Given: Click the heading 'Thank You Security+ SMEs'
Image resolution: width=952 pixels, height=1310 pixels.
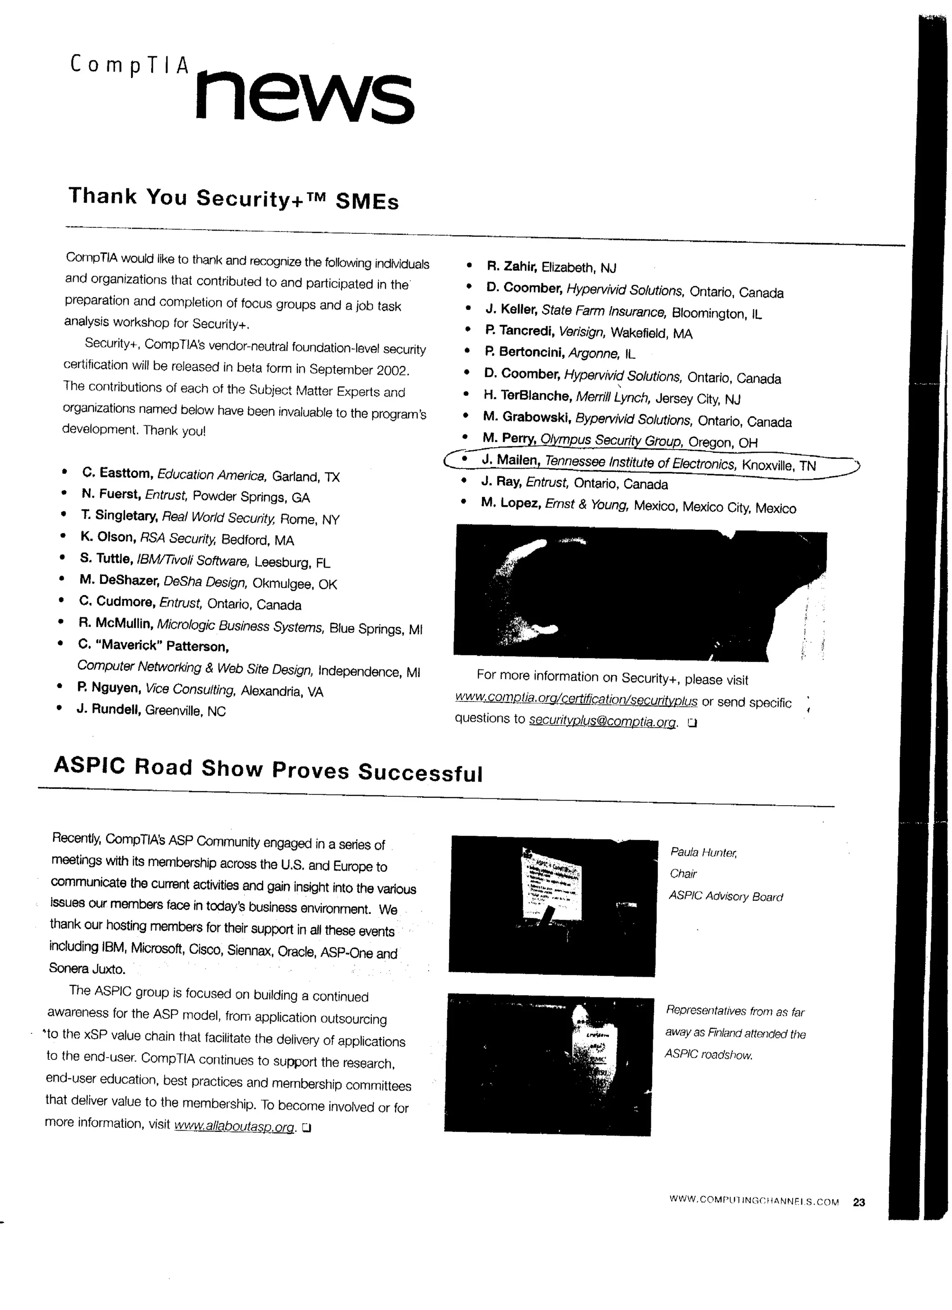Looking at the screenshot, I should pos(233,198).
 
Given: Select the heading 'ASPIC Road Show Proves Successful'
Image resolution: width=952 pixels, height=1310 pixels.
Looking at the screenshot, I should pos(268,769).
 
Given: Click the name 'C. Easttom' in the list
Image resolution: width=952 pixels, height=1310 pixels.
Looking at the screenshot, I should pos(117,473).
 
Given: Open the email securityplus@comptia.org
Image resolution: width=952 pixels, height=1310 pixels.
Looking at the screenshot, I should pos(602,721).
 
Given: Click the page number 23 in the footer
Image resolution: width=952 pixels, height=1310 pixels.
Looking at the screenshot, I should pos(859,1203).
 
